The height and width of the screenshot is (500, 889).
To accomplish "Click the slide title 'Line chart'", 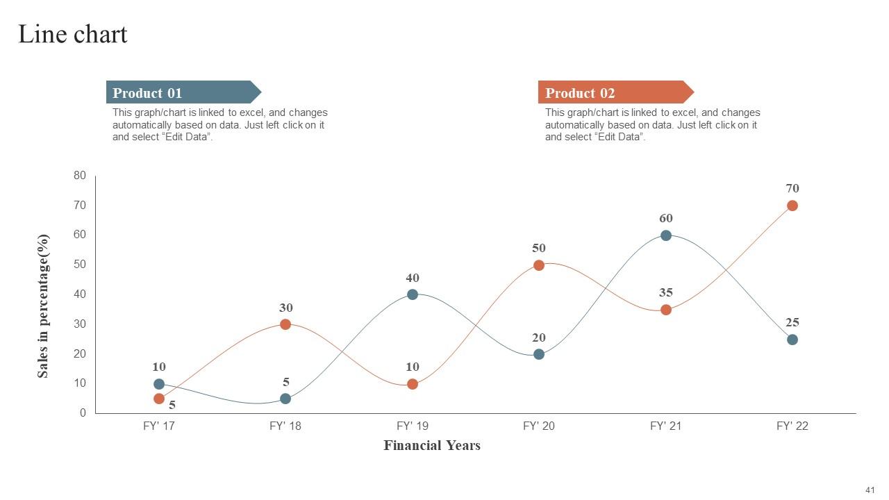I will coord(73,34).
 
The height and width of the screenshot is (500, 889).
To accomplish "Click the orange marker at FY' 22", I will coord(792,206).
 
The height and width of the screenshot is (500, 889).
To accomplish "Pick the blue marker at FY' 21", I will coord(666,235).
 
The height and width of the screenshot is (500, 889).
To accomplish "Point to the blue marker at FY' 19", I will coord(413,294).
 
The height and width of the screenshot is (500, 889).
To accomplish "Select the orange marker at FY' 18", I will coord(285,324).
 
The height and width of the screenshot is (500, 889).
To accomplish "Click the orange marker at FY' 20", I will coord(539,265).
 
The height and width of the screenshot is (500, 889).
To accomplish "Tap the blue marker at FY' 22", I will coord(792,340).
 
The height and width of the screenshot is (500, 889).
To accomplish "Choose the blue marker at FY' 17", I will coord(159,384).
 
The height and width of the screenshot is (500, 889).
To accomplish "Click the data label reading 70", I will coord(792,188).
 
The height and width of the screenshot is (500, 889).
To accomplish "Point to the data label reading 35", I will coord(666,292).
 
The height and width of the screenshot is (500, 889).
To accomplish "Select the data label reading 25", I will coord(792,322).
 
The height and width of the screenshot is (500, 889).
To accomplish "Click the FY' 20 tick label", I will coord(539,426).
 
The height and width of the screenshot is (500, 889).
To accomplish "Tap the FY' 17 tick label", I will coord(159,426).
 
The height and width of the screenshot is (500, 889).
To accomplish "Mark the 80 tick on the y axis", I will coord(80,176).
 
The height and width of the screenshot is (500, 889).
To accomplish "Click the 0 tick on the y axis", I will coord(83,413).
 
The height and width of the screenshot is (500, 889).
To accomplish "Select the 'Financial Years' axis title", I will coord(432,446).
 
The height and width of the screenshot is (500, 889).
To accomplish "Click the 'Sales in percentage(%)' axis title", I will coord(43,306).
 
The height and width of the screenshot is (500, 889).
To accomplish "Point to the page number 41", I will coord(870,490).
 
